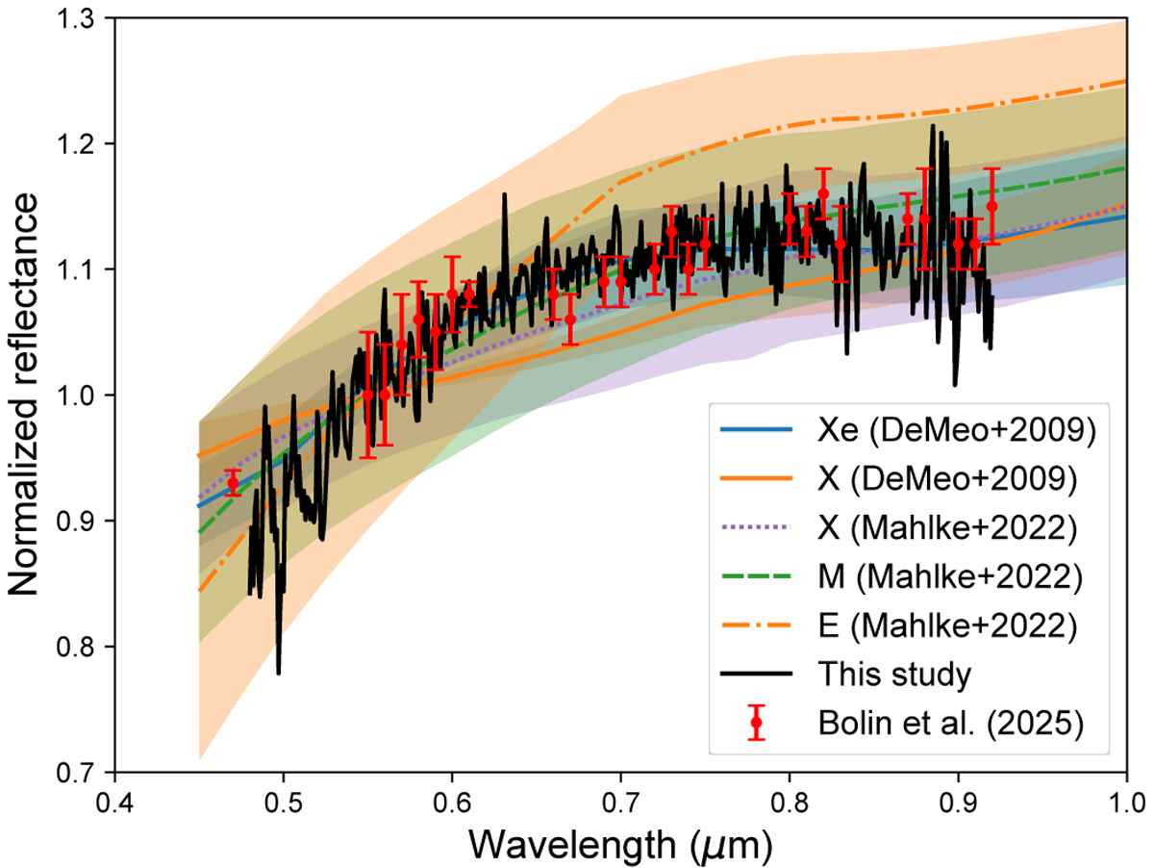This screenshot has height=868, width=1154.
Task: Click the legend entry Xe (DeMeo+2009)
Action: [x=957, y=430]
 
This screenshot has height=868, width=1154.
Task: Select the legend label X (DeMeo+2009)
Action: [x=947, y=478]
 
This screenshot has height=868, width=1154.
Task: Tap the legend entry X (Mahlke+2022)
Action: [x=947, y=527]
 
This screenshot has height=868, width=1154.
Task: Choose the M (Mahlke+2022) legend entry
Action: [x=950, y=576]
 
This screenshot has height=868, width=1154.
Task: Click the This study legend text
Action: [x=894, y=674]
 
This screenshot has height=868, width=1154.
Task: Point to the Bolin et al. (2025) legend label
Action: [x=950, y=723]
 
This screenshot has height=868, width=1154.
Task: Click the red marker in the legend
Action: [x=756, y=723]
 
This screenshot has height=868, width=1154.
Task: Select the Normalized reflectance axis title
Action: [x=24, y=395]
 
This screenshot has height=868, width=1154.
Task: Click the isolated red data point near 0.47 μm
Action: [x=233, y=483]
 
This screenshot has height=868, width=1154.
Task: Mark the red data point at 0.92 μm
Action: [x=992, y=206]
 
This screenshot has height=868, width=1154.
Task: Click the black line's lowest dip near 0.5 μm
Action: [x=278, y=674]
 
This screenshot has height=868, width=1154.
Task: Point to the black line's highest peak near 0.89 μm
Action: [x=932, y=125]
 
